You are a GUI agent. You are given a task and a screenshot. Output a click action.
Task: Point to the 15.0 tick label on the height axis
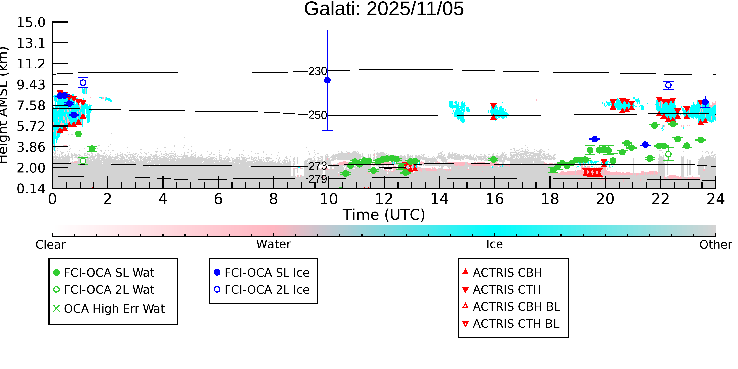tap(31, 22)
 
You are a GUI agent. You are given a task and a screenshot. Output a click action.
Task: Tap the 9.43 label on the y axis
tap(31, 85)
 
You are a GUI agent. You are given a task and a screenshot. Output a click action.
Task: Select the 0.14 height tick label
tap(31, 189)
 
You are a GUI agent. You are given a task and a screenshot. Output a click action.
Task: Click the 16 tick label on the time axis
tap(495, 199)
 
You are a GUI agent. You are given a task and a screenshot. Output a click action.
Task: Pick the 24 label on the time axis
tap(715, 199)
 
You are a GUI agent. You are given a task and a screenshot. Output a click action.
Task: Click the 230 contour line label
tap(317, 71)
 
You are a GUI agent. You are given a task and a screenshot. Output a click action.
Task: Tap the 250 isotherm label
tap(317, 115)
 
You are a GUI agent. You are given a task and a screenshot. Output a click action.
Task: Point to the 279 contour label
tap(317, 179)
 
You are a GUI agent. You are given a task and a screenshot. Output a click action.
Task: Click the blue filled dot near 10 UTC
tap(327, 80)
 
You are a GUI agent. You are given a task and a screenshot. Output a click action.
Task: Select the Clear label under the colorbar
tap(50, 245)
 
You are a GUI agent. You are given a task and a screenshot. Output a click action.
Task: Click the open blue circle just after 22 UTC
tap(668, 85)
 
